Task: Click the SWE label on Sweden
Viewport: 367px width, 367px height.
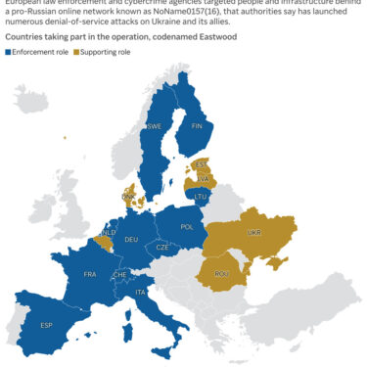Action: point(154,126)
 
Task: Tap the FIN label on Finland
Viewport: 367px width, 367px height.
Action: point(197,125)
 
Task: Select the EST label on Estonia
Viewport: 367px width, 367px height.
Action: point(202,164)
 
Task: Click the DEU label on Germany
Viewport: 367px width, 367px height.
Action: point(132,239)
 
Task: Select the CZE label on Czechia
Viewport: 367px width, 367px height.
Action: point(162,249)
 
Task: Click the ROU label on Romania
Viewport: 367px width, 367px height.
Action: point(220,273)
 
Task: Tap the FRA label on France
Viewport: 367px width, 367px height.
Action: point(90,274)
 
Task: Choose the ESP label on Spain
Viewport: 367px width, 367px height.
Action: point(46,325)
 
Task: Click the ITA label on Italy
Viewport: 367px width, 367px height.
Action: point(140,293)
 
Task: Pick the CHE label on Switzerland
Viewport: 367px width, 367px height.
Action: point(120,275)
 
